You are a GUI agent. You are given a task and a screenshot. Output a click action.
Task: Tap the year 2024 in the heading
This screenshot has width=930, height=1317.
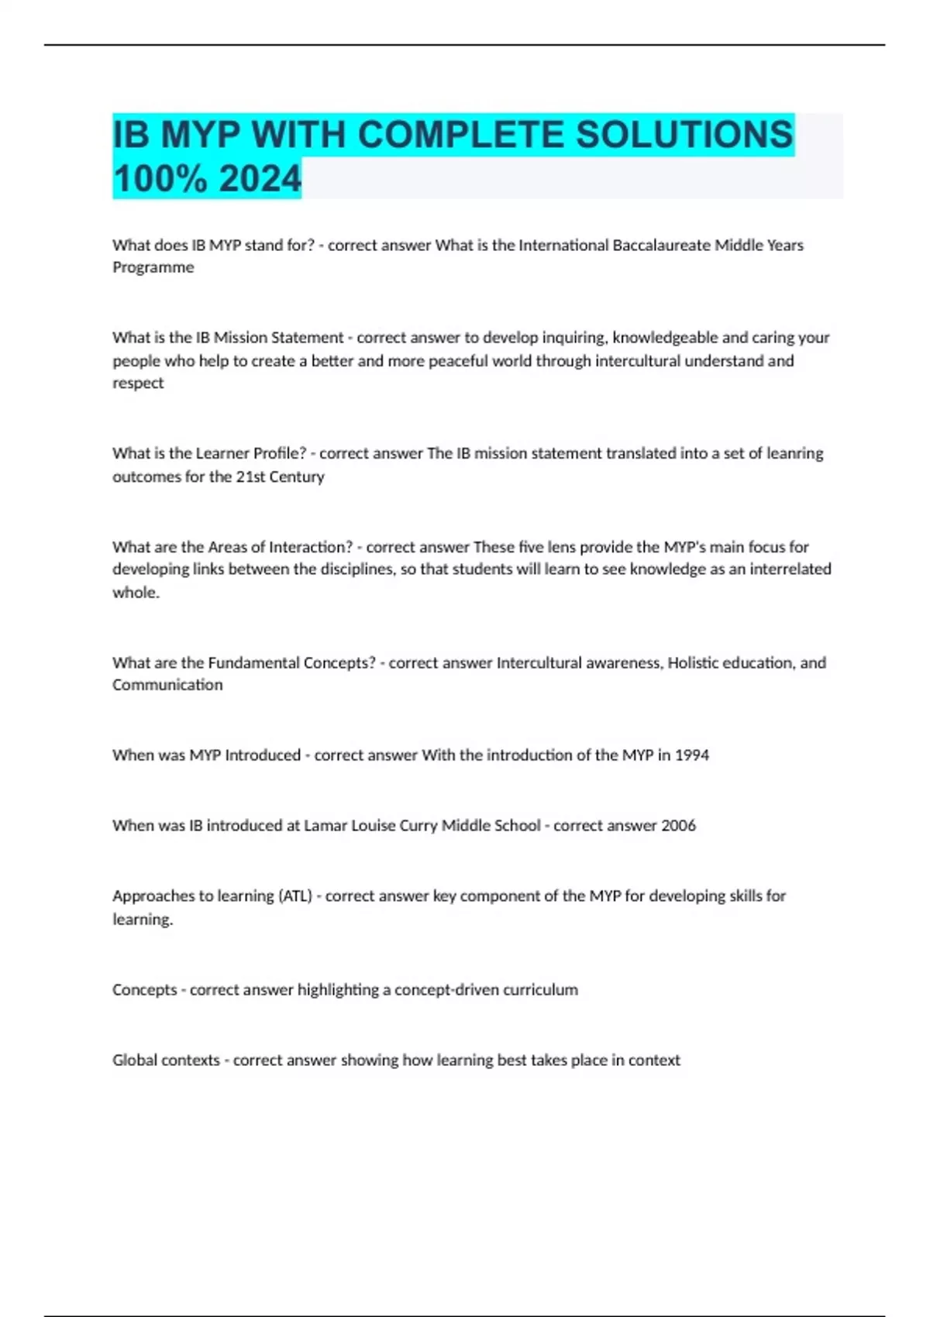coord(260,179)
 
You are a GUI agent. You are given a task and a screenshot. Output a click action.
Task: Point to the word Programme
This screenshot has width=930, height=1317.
coord(153,268)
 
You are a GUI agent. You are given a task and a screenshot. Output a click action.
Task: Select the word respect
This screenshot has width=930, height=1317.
coord(138,383)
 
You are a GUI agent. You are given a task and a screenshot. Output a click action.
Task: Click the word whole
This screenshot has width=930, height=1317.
coord(136,593)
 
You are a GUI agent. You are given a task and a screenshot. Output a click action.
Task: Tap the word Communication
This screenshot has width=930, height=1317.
coord(167,686)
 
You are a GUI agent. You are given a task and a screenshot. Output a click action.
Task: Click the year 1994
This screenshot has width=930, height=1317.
coord(692,755)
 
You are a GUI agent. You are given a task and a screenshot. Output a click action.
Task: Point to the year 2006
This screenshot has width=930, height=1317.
coord(678,826)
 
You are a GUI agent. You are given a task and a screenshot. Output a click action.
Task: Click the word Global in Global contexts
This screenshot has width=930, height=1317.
coord(135,1061)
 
